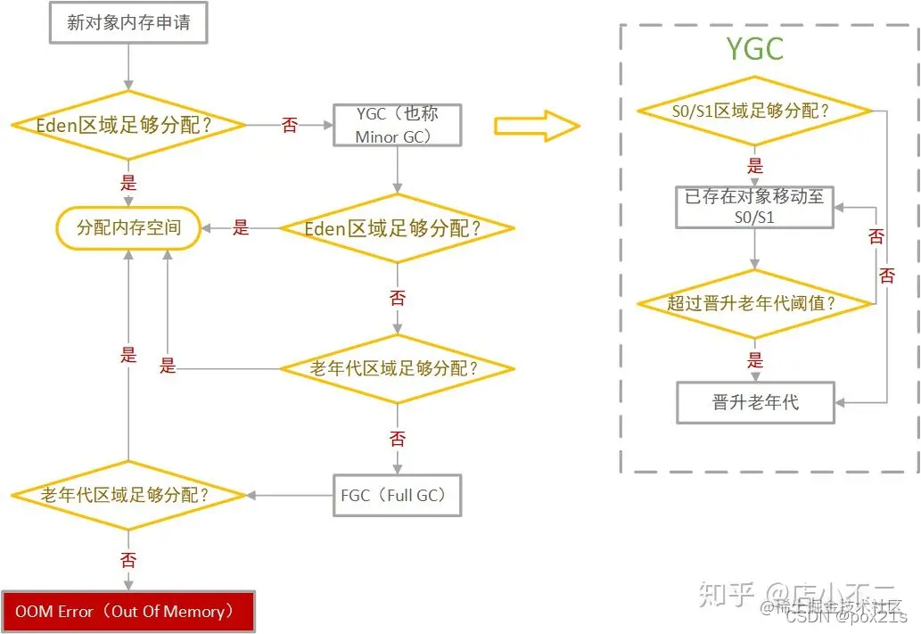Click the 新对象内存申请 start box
(x=128, y=22)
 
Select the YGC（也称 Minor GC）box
(x=397, y=125)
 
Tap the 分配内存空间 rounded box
(x=128, y=227)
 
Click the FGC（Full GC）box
(x=397, y=495)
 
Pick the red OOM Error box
(x=128, y=612)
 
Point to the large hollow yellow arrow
(x=537, y=125)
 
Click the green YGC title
(x=754, y=49)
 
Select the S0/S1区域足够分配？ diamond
(x=754, y=111)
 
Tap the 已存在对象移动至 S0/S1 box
(x=754, y=207)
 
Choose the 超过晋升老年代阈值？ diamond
(x=754, y=303)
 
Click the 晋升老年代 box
(x=754, y=402)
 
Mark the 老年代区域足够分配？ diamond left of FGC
(x=128, y=495)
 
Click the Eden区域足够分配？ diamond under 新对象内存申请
(x=128, y=125)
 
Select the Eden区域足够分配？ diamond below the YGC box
(x=397, y=228)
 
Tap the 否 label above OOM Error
(x=128, y=560)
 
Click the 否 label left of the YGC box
(x=290, y=126)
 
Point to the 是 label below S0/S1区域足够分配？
(x=755, y=166)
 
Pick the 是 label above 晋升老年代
(x=755, y=359)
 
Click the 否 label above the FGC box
(x=397, y=438)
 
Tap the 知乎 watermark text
(x=728, y=593)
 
